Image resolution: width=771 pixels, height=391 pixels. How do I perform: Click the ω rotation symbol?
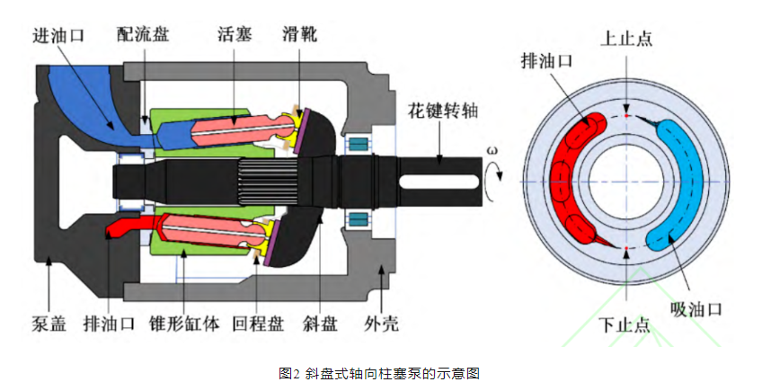(491, 150)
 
